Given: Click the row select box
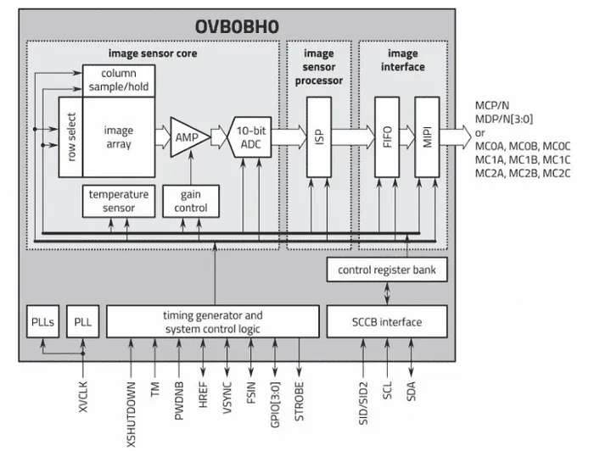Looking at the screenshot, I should tap(70, 136).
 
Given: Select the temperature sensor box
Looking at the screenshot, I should tap(118, 201).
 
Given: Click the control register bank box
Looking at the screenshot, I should tap(387, 270).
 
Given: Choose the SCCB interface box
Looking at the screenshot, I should tap(387, 321).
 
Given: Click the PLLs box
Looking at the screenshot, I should tap(41, 322).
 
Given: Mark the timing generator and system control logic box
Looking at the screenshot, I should tap(212, 322).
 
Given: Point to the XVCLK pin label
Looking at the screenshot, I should tap(83, 394).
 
